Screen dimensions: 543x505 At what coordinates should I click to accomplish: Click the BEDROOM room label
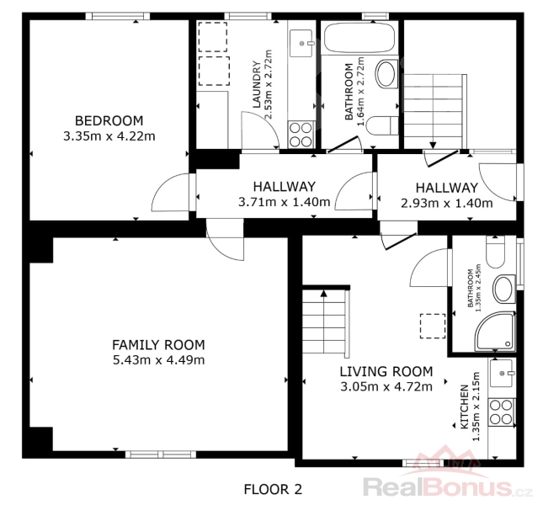pos(109,121)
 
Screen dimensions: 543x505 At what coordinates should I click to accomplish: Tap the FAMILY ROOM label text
pos(158,345)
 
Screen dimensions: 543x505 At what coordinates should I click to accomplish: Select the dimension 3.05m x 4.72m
pos(386,386)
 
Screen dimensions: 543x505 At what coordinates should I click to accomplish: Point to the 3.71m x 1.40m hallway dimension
pos(285,201)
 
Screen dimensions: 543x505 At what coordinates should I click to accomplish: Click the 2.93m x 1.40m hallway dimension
pos(447,203)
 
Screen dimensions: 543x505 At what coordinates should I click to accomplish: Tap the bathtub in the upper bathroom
pos(359,38)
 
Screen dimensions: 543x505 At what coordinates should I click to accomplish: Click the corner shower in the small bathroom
pos(495,332)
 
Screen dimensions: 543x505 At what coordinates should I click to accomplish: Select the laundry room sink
pos(301,43)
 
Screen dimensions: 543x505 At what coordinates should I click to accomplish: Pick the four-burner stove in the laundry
pos(301,135)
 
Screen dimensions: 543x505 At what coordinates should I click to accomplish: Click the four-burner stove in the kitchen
pos(502,412)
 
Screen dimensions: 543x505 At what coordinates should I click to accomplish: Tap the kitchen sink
pos(501,373)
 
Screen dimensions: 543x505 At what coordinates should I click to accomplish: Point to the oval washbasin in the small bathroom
pos(504,289)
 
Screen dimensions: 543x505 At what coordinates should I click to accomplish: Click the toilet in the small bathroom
pos(496,252)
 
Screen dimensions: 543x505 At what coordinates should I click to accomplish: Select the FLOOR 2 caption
pos(273,489)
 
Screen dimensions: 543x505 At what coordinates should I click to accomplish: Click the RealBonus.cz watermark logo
pos(447,477)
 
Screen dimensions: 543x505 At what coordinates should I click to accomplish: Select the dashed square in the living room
pos(433,326)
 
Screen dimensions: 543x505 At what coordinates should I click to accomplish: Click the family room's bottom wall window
pos(161,454)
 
